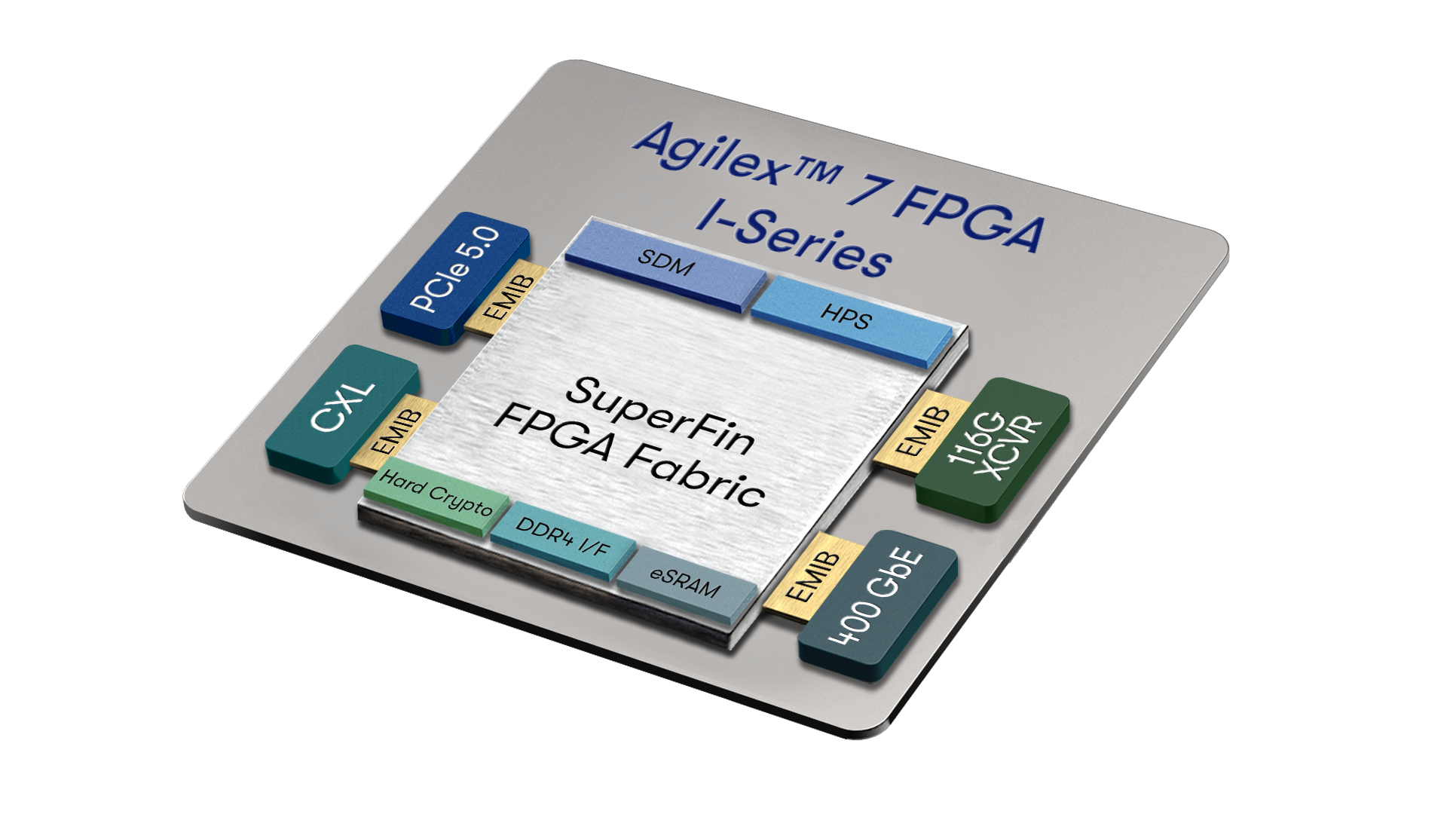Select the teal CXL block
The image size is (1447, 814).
pyautogui.click(x=341, y=413)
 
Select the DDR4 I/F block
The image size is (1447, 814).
pyautogui.click(x=564, y=540)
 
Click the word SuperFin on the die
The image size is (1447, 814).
pyautogui.click(x=661, y=415)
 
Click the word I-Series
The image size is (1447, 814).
pyautogui.click(x=794, y=239)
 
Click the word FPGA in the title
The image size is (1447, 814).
pyautogui.click(x=971, y=216)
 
